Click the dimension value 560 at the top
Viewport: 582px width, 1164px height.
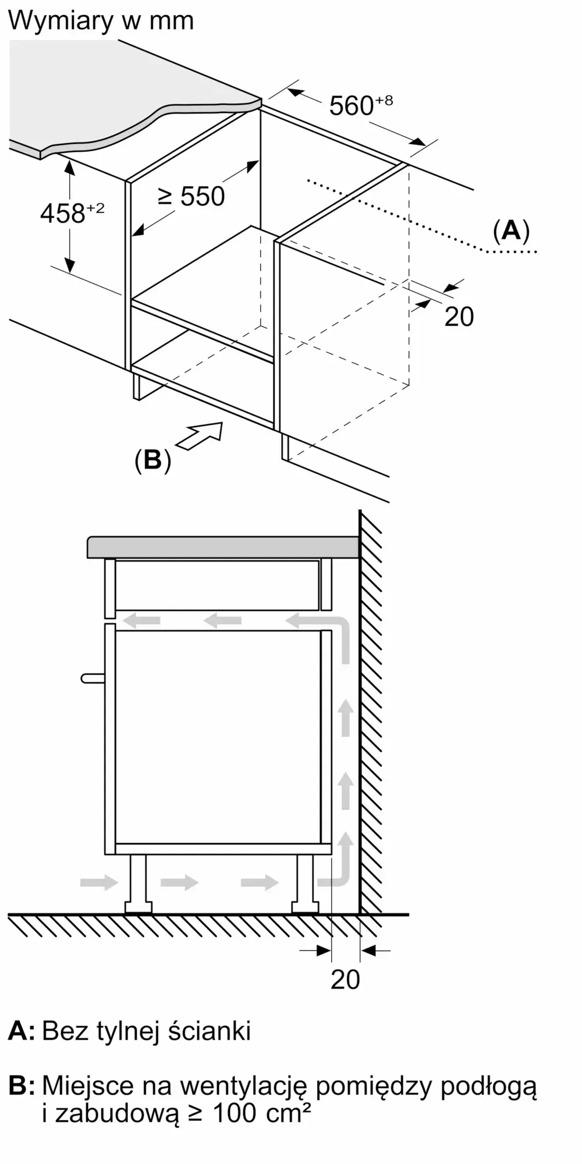click(x=352, y=106)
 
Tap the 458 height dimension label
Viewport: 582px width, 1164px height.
click(x=63, y=214)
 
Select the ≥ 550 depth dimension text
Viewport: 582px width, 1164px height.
click(x=192, y=196)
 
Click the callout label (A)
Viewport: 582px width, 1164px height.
click(x=511, y=230)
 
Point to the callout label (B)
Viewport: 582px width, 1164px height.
click(x=152, y=460)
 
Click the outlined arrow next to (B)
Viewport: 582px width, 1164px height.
click(x=201, y=435)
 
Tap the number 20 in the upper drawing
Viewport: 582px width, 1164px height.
click(x=459, y=317)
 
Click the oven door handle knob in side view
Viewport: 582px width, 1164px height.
click(x=92, y=678)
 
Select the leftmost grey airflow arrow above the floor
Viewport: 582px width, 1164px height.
click(x=99, y=882)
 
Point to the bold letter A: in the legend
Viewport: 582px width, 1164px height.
click(x=22, y=1031)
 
